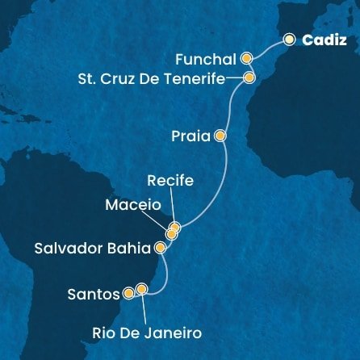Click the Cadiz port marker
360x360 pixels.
click(x=288, y=38)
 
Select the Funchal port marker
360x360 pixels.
click(x=246, y=58)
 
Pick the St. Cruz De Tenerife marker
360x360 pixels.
click(x=249, y=78)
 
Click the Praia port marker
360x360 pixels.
click(x=220, y=137)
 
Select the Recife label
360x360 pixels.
click(x=170, y=182)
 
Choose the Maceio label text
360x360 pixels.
click(x=133, y=205)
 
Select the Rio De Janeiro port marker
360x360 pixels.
click(x=143, y=288)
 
